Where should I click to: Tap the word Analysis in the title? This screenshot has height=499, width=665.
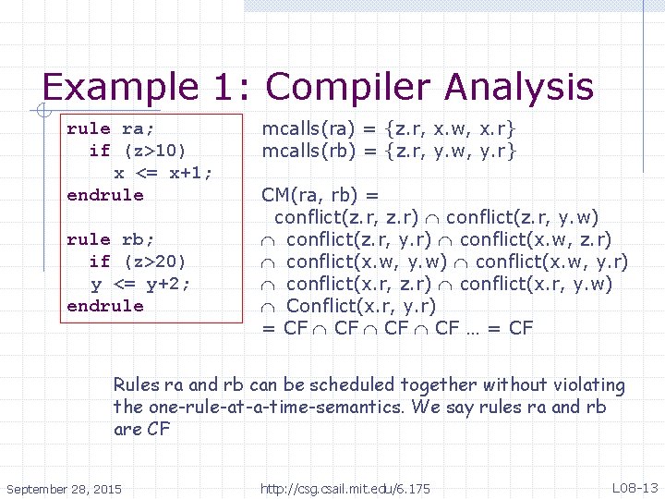tap(519, 88)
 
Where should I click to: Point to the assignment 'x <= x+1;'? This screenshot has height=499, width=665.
tap(163, 173)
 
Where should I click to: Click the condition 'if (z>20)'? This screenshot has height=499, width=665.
tap(137, 262)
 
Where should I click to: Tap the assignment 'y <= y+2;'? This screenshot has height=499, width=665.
tap(140, 284)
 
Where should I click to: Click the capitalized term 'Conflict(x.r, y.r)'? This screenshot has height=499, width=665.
tap(361, 306)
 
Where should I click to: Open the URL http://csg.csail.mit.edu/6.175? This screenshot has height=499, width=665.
tap(345, 488)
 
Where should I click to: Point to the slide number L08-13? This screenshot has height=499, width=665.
tap(635, 487)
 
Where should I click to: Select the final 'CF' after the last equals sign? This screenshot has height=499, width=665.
tap(521, 328)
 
